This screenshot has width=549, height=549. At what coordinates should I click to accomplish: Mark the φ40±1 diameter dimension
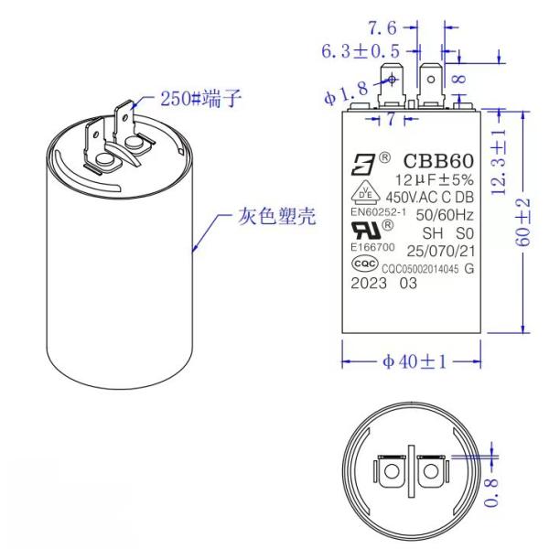click(411, 361)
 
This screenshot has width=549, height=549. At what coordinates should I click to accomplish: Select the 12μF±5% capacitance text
click(429, 180)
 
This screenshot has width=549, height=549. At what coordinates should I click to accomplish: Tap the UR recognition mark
click(367, 229)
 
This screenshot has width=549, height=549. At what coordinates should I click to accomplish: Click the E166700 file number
click(371, 247)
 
